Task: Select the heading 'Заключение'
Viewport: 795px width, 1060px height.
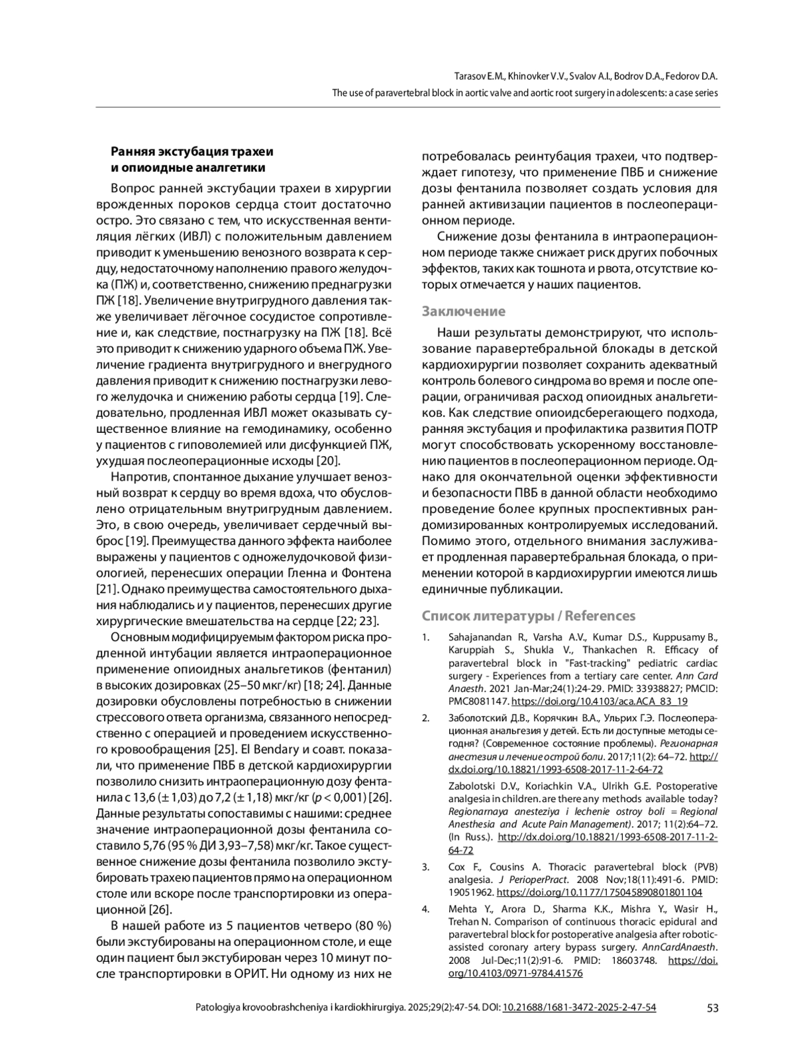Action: coord(464,312)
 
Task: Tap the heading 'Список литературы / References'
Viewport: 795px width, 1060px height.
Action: coord(529,616)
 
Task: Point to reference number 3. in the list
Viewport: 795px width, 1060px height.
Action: coord(426,867)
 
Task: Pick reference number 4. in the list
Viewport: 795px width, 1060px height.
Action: coord(426,909)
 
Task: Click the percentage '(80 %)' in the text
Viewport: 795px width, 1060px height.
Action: coord(374,926)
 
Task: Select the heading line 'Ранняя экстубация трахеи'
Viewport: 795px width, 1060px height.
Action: coord(191,152)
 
